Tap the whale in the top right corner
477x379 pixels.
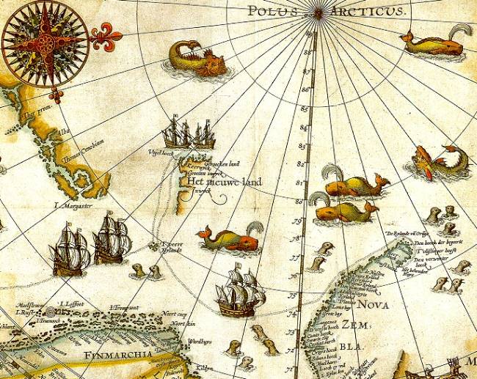tap(436, 43)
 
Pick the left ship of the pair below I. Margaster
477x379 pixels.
tap(71, 249)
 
